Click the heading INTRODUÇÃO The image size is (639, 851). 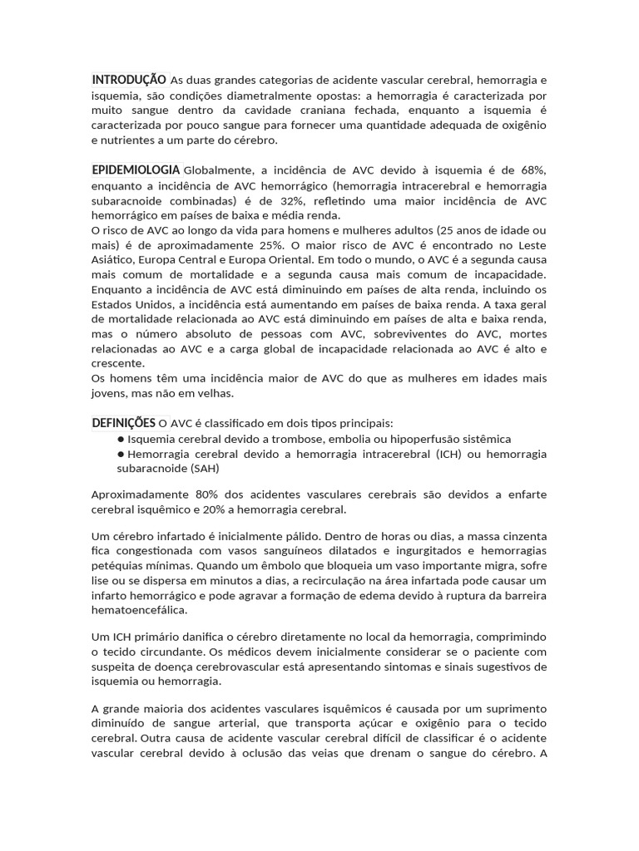coord(129,80)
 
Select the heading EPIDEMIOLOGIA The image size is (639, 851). coord(136,170)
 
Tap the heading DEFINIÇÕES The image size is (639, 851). coord(124,423)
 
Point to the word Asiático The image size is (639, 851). coord(115,261)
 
